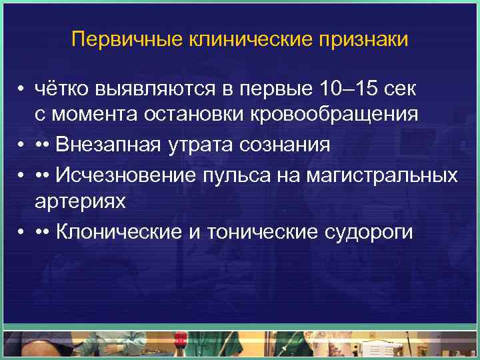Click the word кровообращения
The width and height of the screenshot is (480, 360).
coord(334,115)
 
